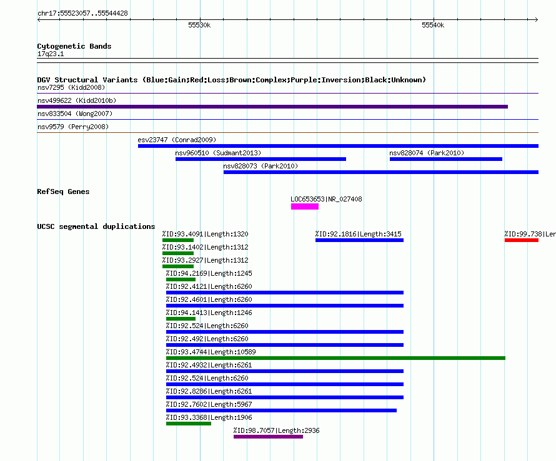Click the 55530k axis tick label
click(199, 25)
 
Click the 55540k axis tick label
click(433, 25)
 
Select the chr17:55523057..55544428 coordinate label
click(82, 14)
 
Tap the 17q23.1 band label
click(51, 54)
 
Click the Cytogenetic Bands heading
click(74, 46)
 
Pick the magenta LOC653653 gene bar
click(305, 206)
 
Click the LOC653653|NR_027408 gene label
click(326, 199)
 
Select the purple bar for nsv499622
click(272, 107)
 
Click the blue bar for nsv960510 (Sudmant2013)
click(261, 159)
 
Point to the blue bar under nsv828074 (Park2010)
click(445, 159)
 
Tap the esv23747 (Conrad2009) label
click(177, 140)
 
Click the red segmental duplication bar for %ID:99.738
click(522, 240)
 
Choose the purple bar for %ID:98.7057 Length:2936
click(269, 437)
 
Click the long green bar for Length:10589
click(335, 358)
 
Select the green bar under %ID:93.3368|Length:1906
click(189, 424)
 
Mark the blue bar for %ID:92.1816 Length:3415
click(360, 240)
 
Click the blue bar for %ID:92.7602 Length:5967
click(281, 410)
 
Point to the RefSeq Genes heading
click(63, 192)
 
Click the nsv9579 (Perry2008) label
click(73, 127)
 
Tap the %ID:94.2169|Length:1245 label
click(209, 273)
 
